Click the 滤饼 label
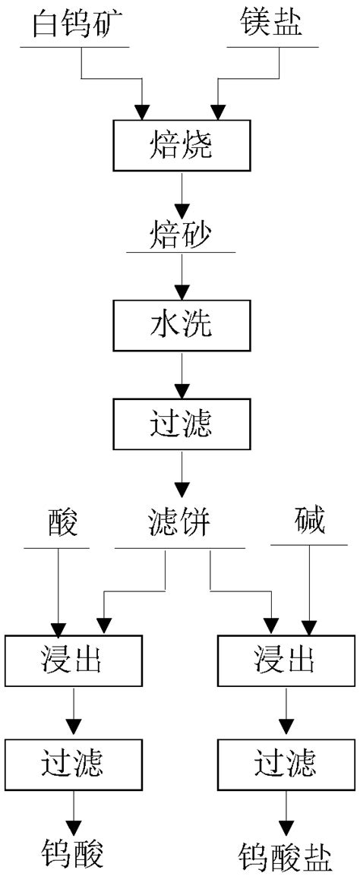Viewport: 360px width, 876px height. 180,523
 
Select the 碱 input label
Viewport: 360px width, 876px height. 309,523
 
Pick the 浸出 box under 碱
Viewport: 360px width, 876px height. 286,658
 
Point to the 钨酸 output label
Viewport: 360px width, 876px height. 73,853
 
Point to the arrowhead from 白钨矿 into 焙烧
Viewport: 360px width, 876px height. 142,112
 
